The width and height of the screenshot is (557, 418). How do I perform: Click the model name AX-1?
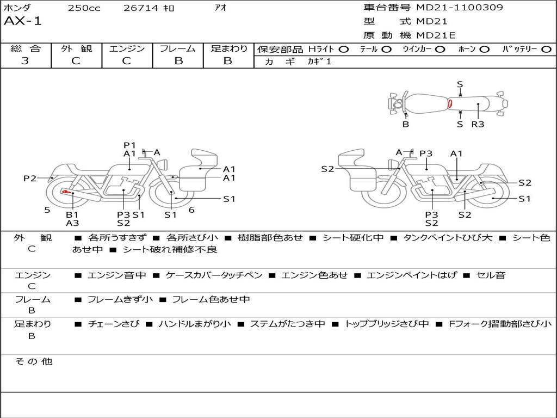(x=23, y=21)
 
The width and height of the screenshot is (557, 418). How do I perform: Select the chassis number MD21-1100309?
(x=460, y=7)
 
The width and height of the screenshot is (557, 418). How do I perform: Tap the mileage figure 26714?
(x=141, y=8)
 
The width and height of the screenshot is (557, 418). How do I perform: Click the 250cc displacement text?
(x=84, y=8)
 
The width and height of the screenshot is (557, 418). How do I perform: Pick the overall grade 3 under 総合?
(x=25, y=61)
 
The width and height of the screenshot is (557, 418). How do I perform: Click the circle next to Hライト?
(x=343, y=50)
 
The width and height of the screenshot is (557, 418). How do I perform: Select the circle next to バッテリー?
(x=546, y=50)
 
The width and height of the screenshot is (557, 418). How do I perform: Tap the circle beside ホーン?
(x=485, y=50)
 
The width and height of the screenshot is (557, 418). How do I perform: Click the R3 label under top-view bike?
(x=478, y=124)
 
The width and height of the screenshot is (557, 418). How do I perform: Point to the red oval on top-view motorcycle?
(x=450, y=103)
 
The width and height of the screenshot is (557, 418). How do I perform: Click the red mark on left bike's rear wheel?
(x=66, y=192)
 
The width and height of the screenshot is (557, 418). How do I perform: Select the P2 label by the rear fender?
(x=30, y=178)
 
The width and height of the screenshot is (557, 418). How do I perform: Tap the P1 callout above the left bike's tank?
(x=129, y=145)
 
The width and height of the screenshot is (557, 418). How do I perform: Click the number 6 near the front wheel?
(x=191, y=210)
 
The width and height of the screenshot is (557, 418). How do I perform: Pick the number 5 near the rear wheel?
(x=47, y=210)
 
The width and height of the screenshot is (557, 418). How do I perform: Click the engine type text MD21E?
(x=436, y=35)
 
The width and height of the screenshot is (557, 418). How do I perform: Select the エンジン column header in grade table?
(x=127, y=48)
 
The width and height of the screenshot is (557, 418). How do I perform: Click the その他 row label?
(x=33, y=361)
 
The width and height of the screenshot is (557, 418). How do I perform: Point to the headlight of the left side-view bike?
(x=163, y=165)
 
